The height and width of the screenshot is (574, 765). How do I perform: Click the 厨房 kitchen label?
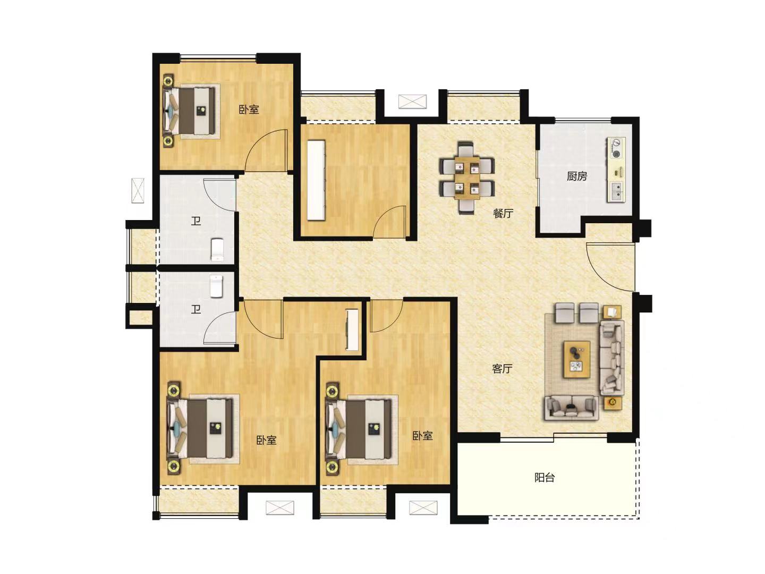tap(577, 176)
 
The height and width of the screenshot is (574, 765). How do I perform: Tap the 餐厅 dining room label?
tap(503, 213)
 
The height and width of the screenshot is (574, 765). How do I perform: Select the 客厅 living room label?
tap(502, 368)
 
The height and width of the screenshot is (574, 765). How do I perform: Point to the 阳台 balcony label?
tap(545, 477)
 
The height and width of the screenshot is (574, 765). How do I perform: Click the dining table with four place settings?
tap(467, 178)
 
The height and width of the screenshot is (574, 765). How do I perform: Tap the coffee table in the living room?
tap(577, 359)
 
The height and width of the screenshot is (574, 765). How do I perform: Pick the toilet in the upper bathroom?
tap(217, 249)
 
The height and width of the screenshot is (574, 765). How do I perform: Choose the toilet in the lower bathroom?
tap(216, 286)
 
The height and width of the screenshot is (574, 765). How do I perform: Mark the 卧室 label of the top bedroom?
tap(249, 109)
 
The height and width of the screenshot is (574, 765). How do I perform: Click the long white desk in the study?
tap(316, 180)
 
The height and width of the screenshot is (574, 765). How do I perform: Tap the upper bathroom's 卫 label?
tap(196, 221)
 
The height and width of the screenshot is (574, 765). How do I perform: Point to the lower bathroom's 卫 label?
tap(196, 309)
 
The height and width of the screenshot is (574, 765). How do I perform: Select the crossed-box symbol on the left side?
tap(138, 191)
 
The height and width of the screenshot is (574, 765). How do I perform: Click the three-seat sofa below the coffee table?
tap(572, 407)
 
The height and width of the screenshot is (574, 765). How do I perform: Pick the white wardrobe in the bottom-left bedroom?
tap(352, 330)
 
